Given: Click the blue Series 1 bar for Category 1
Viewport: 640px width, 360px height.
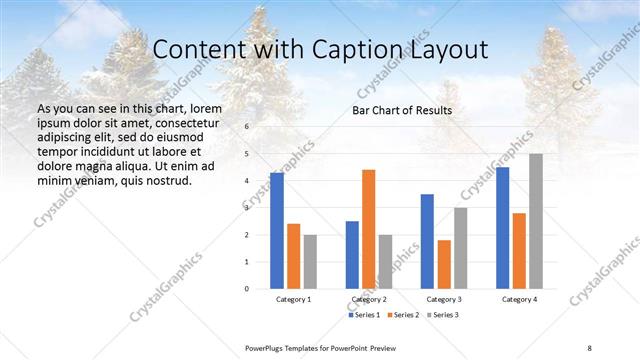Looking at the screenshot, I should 277,231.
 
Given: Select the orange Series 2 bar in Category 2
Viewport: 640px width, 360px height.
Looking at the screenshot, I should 369,229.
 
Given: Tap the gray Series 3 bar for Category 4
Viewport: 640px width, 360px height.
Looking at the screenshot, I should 536,221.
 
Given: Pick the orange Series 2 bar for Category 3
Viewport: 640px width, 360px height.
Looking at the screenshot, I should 444,264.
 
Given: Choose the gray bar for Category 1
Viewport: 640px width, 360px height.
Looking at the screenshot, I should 310,262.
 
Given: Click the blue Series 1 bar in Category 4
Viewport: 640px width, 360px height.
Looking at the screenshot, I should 502,228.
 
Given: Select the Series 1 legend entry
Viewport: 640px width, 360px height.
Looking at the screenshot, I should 364,315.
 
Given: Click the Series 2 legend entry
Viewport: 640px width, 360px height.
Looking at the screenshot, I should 404,315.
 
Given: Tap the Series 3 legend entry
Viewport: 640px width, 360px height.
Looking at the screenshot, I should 444,315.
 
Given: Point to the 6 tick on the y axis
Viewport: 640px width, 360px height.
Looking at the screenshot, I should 246,128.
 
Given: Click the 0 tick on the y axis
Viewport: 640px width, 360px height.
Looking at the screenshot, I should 246,289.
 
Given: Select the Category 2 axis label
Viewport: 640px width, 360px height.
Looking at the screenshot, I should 369,299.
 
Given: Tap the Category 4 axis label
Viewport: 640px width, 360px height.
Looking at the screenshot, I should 519,299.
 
